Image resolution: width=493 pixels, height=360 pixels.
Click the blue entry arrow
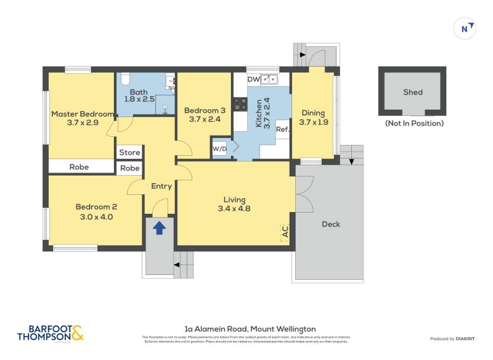click(159, 228)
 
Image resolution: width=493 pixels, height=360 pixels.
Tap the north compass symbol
click(465, 28)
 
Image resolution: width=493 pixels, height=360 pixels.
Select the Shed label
click(413, 92)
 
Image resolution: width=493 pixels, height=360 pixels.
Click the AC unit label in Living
click(285, 232)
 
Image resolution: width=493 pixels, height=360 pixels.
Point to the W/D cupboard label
click(219, 149)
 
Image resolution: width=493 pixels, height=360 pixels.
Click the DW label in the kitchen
click(253, 79)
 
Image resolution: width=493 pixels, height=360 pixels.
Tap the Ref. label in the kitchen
click(282, 129)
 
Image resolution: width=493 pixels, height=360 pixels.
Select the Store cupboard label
click(129, 152)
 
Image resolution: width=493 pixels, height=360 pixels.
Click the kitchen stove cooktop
click(240, 104)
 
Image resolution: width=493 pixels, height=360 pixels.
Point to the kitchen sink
click(269, 79)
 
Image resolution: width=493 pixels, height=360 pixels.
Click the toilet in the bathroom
click(124, 78)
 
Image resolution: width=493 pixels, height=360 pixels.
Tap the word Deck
click(331, 224)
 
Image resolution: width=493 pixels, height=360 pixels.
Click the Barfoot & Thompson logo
click(51, 333)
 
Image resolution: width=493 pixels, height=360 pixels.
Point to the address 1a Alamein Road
click(250, 329)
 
